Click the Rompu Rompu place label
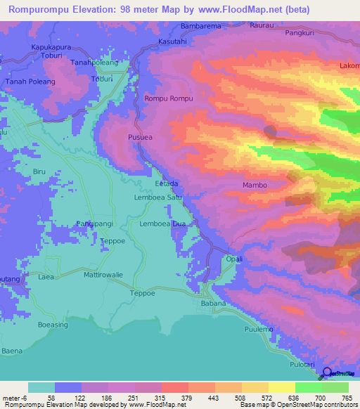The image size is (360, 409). click(x=169, y=98)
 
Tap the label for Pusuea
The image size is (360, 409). click(x=139, y=138)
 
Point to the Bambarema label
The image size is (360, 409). click(x=201, y=26)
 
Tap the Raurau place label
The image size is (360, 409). click(x=261, y=26)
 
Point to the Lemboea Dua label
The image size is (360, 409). click(x=162, y=224)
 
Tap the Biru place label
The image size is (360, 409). click(x=39, y=171)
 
